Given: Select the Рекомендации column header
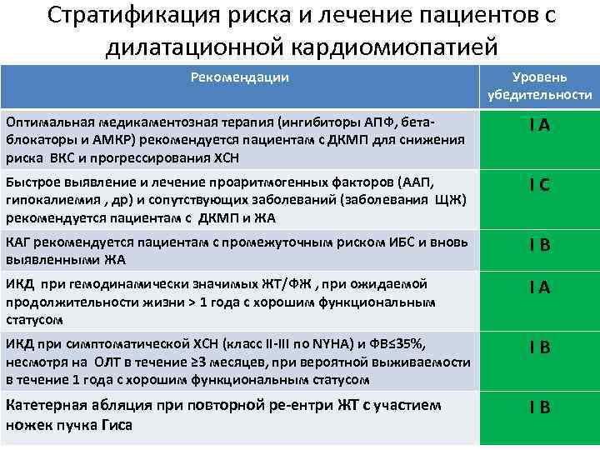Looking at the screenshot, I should pos(240,77).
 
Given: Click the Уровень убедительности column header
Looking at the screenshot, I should pos(540,86).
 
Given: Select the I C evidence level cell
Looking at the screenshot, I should pos(539,186).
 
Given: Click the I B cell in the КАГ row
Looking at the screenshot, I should pos(539,246).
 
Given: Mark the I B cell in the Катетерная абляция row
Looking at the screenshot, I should pos(539,407).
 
